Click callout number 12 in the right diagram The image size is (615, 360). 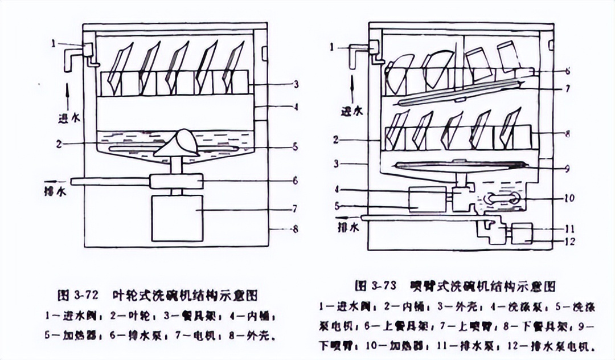click(569, 241)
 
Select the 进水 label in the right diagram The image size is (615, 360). click(351, 112)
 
